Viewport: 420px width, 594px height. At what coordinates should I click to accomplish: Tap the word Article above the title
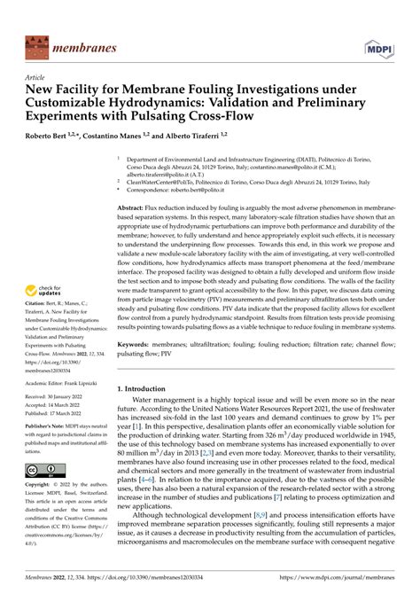pyautogui.click(x=35, y=77)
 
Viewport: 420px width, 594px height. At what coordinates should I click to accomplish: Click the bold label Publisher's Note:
pyautogui.click(x=46, y=426)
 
